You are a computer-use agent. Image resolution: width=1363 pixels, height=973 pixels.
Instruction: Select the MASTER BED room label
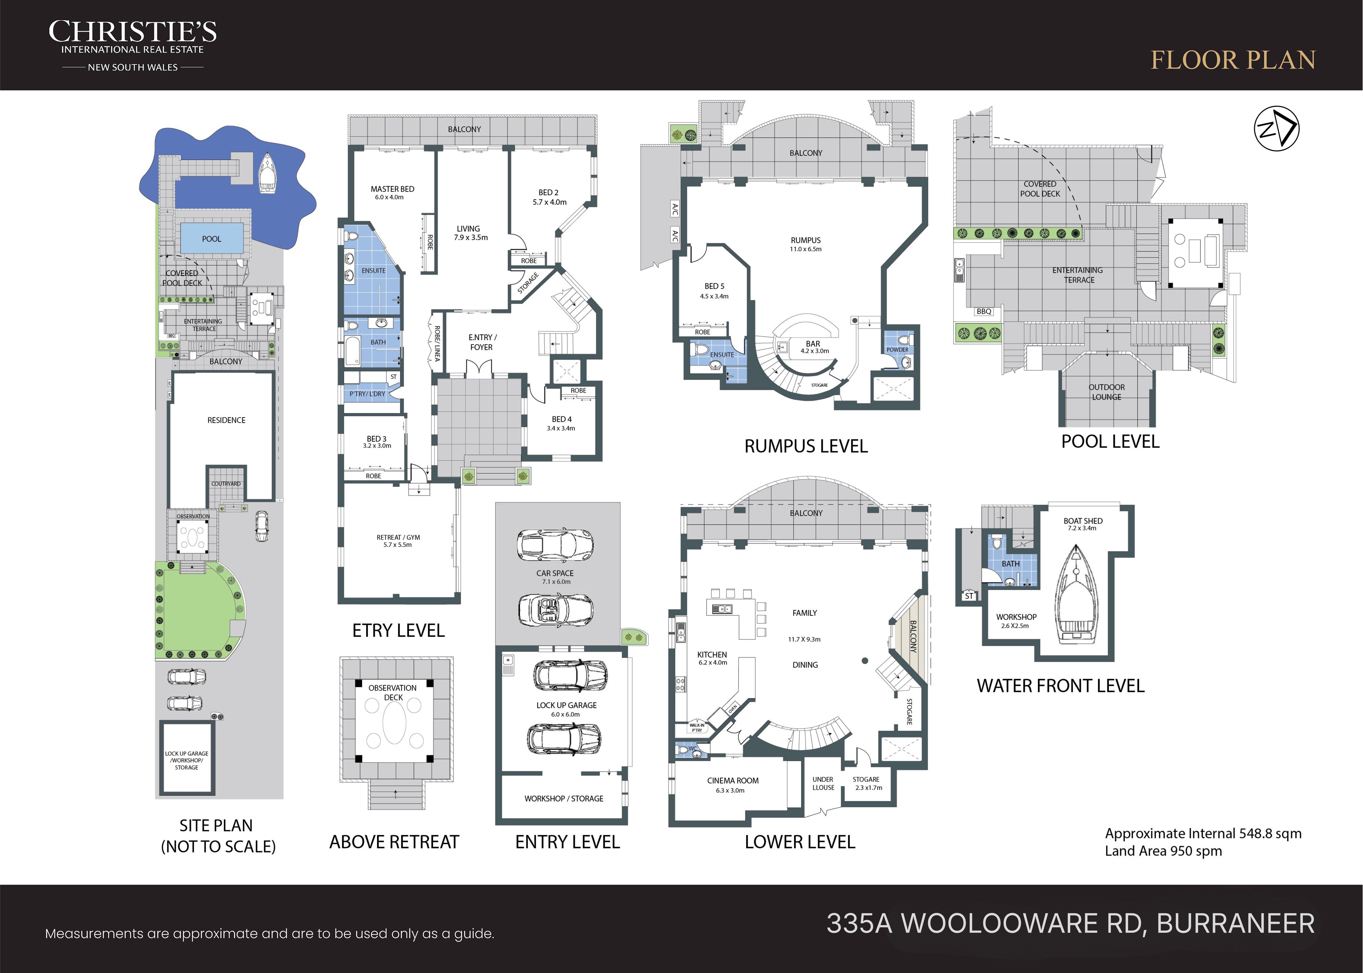393,189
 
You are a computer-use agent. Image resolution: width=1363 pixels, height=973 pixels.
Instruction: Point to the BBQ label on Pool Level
984,312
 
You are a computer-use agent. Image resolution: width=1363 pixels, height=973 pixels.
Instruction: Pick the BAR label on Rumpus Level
813,344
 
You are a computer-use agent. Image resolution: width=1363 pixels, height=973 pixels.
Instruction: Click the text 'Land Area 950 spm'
1163,851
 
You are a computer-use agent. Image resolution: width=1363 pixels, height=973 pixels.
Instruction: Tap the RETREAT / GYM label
398,538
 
